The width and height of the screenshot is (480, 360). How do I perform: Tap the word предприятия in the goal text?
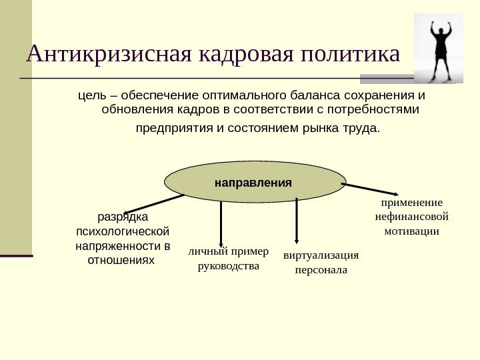[175, 127]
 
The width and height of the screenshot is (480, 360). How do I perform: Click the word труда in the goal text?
[362, 127]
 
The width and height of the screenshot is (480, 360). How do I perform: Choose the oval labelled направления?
[254, 181]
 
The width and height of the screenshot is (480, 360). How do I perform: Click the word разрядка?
[123, 217]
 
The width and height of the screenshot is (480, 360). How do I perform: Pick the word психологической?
[123, 231]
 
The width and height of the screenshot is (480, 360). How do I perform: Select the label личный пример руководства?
[229, 259]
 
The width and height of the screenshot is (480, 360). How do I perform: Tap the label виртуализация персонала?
[321, 263]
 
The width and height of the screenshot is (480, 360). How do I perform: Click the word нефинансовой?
[411, 217]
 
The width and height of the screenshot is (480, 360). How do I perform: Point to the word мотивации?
[411, 231]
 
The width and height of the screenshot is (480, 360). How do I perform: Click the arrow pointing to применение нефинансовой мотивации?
[370, 189]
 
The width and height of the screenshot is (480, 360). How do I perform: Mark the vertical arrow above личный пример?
[221, 223]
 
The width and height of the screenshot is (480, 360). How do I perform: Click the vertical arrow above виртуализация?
[296, 223]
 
